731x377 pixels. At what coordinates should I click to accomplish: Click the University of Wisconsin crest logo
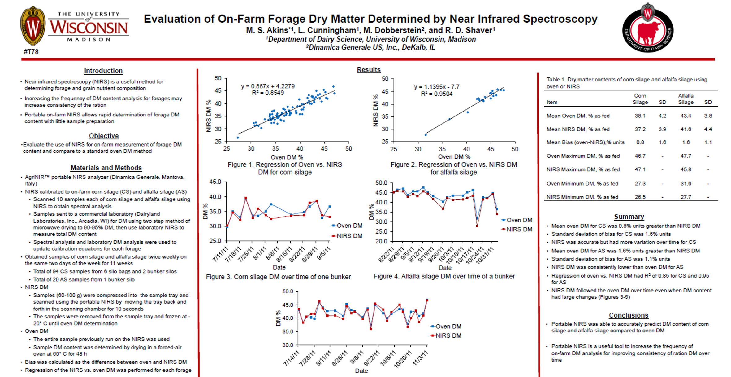click(32, 26)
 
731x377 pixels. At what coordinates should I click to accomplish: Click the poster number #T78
click(31, 52)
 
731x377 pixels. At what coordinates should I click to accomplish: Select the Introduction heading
click(103, 71)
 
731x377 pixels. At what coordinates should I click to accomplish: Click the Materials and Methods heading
click(106, 168)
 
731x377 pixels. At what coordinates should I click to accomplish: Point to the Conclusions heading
click(629, 315)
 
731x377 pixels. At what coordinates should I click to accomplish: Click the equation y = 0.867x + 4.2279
click(268, 86)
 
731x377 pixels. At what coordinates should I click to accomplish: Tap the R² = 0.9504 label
click(437, 94)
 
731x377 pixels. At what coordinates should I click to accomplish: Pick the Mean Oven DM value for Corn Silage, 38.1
click(640, 116)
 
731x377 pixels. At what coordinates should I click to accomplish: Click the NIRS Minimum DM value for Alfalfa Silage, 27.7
click(686, 197)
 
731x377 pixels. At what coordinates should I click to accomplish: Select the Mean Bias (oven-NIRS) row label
click(586, 142)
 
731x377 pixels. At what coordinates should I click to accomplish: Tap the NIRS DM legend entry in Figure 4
click(517, 230)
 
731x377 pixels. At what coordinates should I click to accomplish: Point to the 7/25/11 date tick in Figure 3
click(246, 255)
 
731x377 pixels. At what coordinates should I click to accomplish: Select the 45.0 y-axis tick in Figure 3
click(215, 182)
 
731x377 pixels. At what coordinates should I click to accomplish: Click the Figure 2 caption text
click(454, 169)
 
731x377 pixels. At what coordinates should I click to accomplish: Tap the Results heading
click(369, 70)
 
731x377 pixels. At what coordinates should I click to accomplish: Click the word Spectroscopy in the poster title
click(560, 19)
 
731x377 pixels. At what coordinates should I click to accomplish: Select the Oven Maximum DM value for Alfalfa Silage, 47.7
click(686, 156)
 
